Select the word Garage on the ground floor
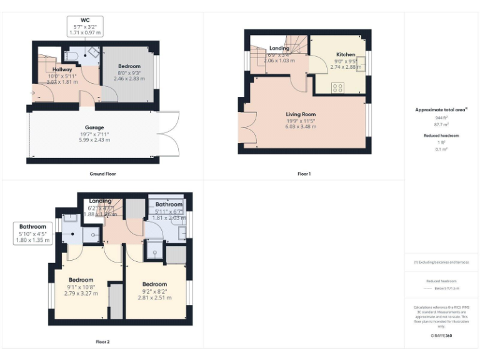(x=94, y=127)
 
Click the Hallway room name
(x=62, y=69)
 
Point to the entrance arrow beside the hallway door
(x=32, y=94)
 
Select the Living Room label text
(x=301, y=114)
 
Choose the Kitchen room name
(x=346, y=54)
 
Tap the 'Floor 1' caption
(x=304, y=173)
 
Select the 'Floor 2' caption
(x=102, y=342)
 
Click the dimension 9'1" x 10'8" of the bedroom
(x=81, y=286)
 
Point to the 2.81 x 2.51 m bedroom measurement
(x=154, y=297)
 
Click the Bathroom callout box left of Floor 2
(x=32, y=232)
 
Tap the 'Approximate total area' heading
(x=441, y=110)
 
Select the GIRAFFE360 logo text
(x=441, y=336)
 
